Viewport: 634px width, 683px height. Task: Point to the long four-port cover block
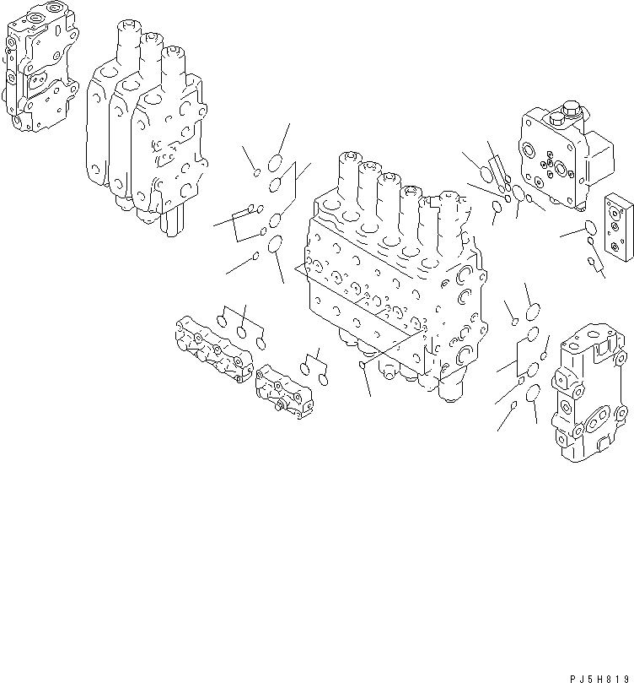click(214, 347)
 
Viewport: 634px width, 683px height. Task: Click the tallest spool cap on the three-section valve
click(124, 38)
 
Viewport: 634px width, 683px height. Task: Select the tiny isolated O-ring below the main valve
click(362, 365)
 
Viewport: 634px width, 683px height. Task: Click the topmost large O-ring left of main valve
click(276, 162)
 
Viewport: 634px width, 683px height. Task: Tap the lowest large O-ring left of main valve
click(275, 245)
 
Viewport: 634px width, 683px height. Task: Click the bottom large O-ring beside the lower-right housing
click(532, 393)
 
